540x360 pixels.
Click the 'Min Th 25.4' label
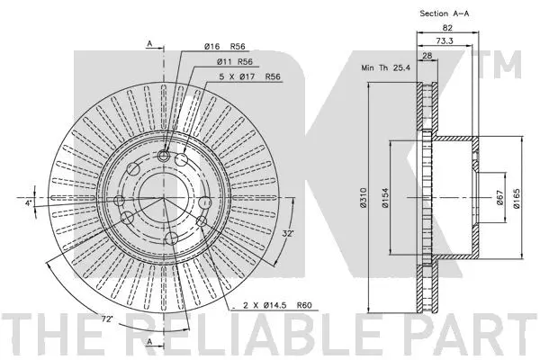click(x=384, y=67)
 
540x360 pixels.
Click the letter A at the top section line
click(x=149, y=44)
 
